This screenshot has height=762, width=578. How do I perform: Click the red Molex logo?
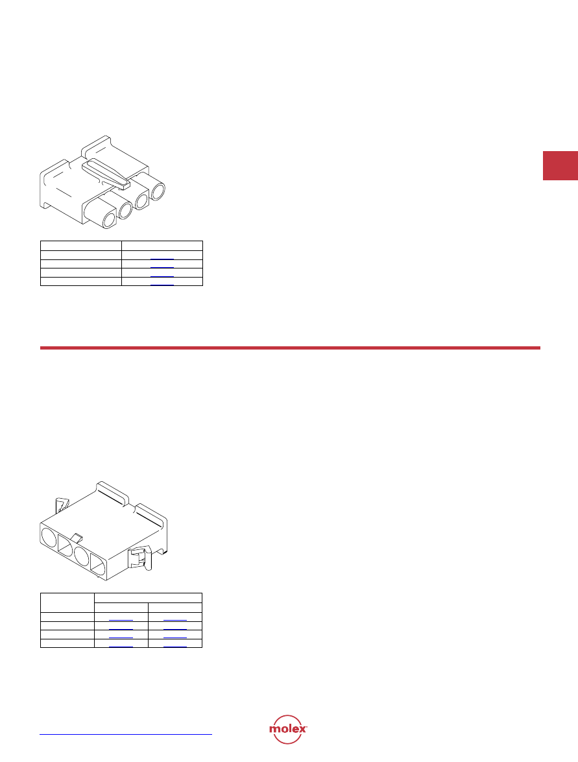(288, 729)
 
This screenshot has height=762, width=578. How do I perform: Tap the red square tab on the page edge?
(560, 166)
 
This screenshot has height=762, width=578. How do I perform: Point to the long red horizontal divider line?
(290, 348)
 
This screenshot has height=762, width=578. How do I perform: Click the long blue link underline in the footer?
(126, 734)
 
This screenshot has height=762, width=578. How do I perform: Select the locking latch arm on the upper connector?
(106, 173)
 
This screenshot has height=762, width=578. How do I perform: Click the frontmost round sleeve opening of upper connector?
(109, 220)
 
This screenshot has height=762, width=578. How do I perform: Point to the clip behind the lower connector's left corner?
(62, 505)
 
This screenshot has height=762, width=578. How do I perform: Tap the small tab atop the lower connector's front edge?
(77, 537)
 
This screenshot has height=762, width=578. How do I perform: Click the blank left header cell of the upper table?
(80, 245)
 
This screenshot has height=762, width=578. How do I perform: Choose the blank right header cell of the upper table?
(162, 245)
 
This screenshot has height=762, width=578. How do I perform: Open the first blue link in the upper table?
(162, 259)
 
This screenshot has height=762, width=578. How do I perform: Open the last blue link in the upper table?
(162, 284)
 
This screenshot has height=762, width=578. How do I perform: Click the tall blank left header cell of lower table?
(67, 602)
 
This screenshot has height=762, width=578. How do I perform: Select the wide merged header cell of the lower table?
(149, 598)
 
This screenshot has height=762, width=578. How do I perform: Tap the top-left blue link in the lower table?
(121, 620)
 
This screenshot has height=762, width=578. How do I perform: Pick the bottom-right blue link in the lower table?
(175, 647)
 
